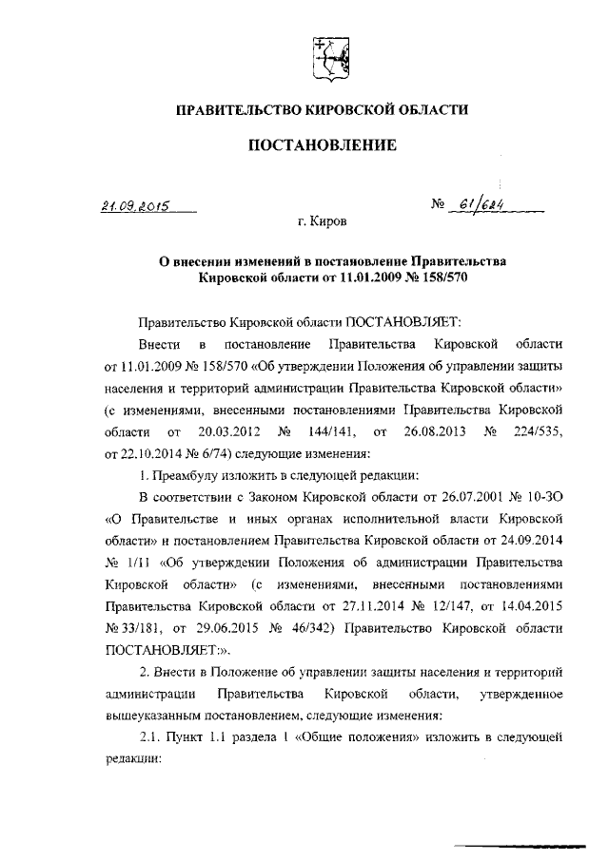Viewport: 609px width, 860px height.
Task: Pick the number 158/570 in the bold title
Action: (x=440, y=277)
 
